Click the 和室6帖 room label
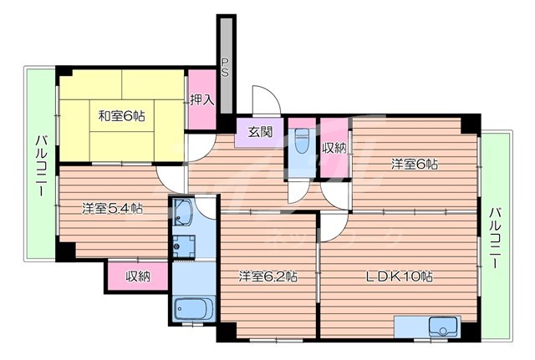coord(121,117)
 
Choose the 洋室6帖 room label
coord(414,165)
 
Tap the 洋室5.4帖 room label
coord(111,208)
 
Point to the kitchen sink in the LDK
coord(440,325)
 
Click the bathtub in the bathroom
coord(193,309)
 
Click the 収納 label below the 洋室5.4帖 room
coord(138,276)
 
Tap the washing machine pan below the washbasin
coord(184,246)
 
